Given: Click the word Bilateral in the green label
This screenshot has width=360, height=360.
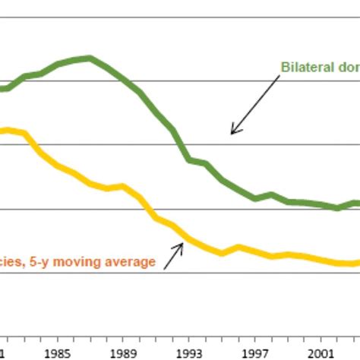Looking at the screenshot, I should pyautogui.click(x=304, y=66).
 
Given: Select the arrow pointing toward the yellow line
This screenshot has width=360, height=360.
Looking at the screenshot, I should pyautogui.click(x=174, y=255).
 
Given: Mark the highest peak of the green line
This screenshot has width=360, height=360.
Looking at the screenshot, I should pyautogui.click(x=90, y=58).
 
